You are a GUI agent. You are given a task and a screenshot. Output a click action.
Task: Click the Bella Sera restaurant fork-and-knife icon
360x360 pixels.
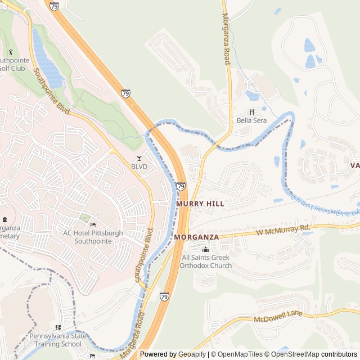[x=251, y=111]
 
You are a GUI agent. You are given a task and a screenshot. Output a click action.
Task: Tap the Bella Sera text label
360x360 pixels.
[x=251, y=120]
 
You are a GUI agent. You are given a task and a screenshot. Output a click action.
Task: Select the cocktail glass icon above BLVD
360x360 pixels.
[x=139, y=159]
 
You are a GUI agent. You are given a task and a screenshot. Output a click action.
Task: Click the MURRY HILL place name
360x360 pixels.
[x=200, y=203]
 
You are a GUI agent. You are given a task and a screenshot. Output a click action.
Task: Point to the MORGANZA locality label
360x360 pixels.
[x=196, y=237]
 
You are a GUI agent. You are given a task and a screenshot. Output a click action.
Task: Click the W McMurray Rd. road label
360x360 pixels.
[x=283, y=229]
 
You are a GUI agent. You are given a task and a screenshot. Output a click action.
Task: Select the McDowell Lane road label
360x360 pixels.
[x=278, y=316]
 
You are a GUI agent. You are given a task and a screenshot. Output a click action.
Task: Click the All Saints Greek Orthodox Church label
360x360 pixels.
[x=206, y=262]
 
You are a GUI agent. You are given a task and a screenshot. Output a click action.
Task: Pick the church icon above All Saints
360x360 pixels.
[x=205, y=249]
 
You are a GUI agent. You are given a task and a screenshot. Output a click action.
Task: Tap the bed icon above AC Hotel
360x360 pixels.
[x=93, y=225]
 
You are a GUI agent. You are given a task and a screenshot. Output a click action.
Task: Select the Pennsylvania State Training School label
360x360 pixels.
[x=58, y=340]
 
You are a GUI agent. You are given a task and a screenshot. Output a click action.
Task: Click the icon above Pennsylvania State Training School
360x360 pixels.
[x=58, y=327]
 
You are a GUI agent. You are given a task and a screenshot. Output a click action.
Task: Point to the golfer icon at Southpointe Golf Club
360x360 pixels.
[x=10, y=52]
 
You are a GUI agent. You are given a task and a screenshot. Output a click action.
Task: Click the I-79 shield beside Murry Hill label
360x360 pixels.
[x=181, y=186]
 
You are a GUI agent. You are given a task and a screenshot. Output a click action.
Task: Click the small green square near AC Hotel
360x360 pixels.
[x=84, y=217]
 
